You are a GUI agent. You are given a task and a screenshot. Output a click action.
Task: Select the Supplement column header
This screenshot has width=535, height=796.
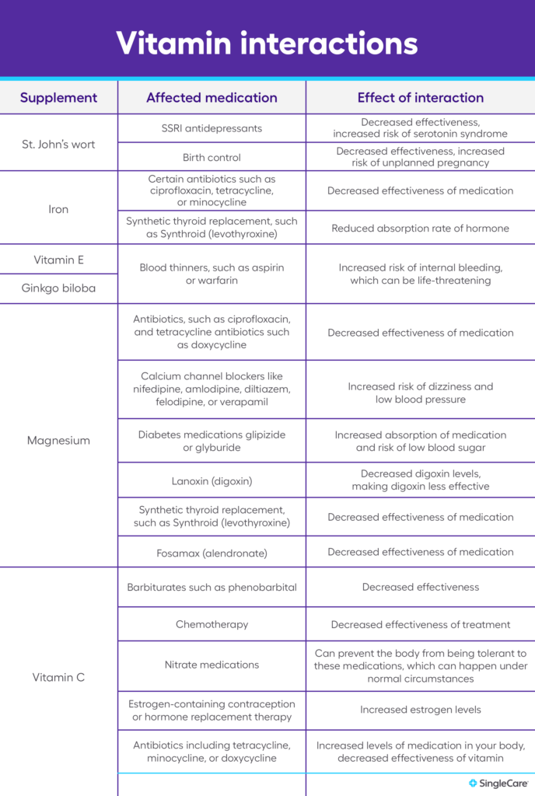click(x=58, y=98)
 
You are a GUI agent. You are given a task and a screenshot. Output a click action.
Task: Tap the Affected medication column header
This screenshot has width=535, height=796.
click(x=212, y=98)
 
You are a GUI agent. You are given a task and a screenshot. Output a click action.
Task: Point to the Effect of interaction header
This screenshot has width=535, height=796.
click(x=420, y=98)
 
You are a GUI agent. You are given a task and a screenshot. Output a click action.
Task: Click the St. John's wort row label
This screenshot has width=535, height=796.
click(x=58, y=144)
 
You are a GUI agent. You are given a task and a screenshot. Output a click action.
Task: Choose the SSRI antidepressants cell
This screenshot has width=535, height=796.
click(x=212, y=128)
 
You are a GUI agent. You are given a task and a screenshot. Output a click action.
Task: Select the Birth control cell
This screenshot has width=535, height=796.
click(x=212, y=157)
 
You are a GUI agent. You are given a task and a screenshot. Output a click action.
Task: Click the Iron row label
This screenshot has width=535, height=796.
click(x=58, y=209)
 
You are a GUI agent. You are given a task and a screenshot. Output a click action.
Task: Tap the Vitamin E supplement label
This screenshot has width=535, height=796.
click(x=58, y=260)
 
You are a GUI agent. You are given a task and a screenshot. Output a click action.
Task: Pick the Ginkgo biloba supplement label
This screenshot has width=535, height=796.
click(x=58, y=288)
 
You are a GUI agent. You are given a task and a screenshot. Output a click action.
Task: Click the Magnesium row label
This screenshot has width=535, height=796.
click(x=58, y=441)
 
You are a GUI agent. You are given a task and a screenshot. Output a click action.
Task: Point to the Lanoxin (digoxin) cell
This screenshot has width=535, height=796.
click(x=212, y=480)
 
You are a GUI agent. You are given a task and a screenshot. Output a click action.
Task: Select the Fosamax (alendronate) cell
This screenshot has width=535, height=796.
click(x=212, y=553)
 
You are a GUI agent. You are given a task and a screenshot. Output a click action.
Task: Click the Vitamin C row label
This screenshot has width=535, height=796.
click(x=58, y=677)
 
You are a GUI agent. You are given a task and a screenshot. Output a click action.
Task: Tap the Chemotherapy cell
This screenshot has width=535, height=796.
click(x=212, y=624)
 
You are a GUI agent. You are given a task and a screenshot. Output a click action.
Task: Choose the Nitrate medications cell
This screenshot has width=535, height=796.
click(x=212, y=665)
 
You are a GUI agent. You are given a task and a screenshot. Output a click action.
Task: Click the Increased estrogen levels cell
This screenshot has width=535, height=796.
click(x=420, y=710)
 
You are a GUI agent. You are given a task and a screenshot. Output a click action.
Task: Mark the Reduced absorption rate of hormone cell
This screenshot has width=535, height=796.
click(x=420, y=229)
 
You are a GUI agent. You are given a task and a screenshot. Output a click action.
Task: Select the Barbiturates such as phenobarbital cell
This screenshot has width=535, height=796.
click(x=212, y=588)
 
